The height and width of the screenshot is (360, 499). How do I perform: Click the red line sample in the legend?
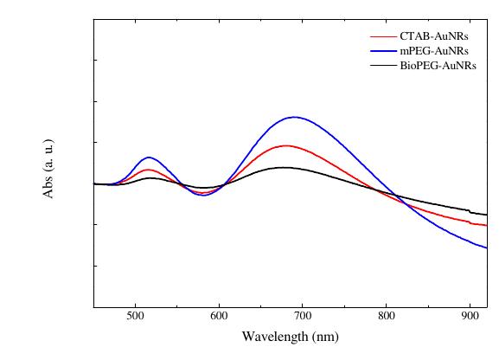point(383,37)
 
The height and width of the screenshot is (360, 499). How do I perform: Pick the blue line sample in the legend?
point(383,51)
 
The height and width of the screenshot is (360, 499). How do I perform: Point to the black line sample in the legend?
point(383,65)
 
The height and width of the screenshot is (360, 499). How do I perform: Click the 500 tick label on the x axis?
point(135,318)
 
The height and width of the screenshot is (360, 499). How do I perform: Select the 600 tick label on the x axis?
point(219,318)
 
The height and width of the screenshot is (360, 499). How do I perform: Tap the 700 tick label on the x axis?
point(303,318)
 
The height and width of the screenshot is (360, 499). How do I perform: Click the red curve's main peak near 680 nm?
point(285,145)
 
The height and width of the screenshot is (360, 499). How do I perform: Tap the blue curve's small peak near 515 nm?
point(149,157)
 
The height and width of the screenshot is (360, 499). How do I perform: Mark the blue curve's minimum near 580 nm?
point(203,196)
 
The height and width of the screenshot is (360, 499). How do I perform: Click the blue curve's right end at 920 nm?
point(487,247)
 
